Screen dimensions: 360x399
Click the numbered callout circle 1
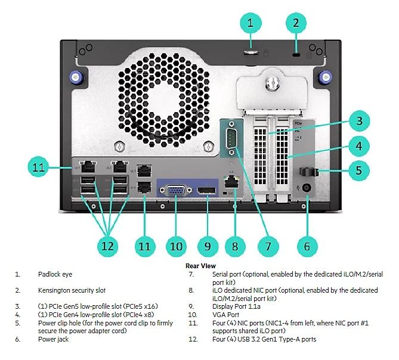[251, 23]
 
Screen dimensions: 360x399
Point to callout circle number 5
[358, 170]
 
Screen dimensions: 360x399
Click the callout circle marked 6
[307, 244]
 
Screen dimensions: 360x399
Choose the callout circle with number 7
[268, 244]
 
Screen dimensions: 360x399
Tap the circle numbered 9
[208, 244]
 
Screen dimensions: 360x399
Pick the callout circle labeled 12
[108, 244]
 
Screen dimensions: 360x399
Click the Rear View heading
[200, 266]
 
